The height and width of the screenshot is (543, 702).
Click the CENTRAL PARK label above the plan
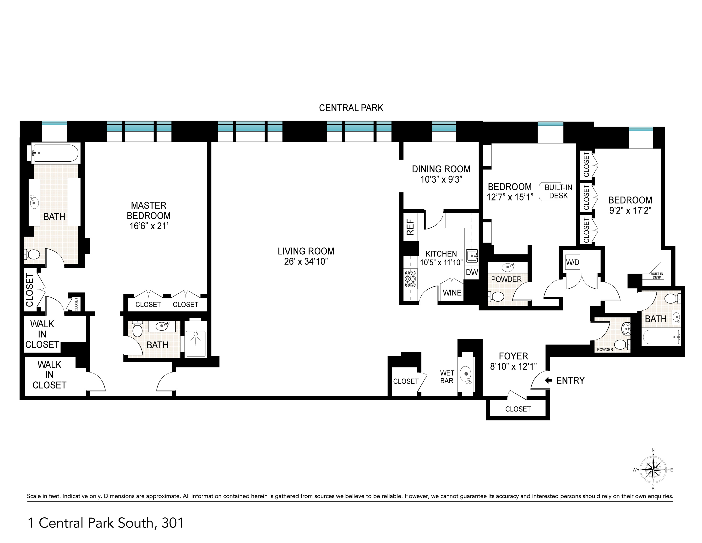[351, 108]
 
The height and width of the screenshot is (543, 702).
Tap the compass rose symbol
[653, 470]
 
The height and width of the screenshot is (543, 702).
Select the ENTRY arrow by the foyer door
[548, 380]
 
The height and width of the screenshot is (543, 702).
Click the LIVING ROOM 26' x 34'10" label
[306, 256]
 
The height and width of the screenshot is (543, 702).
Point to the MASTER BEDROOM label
[148, 215]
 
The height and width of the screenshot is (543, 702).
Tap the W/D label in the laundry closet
[572, 262]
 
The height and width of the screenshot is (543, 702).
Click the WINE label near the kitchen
[452, 293]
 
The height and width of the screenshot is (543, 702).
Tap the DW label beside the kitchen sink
[472, 272]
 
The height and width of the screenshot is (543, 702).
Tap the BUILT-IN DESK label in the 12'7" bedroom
[558, 191]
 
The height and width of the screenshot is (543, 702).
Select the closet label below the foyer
[517, 409]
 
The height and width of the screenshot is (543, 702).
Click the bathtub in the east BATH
[661, 337]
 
